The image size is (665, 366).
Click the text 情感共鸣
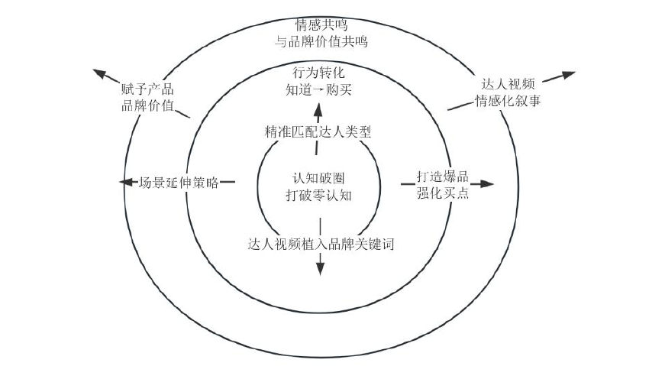click(x=321, y=24)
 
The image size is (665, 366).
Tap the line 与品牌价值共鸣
click(x=321, y=41)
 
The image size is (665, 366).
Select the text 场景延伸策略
click(x=179, y=183)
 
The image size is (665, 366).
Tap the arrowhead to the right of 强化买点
click(x=487, y=184)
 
